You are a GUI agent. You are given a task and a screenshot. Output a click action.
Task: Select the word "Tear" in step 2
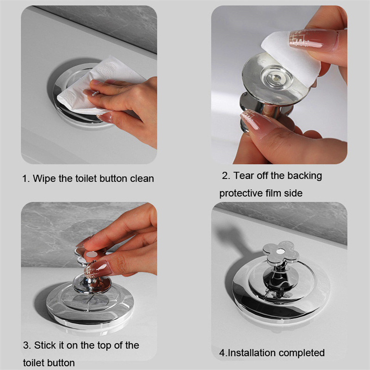click(244, 176)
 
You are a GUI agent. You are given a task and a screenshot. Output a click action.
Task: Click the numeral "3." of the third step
click(27, 345)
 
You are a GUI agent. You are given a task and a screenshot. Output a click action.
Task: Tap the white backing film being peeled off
click(290, 56)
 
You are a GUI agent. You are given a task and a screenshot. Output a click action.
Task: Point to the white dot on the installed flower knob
click(280, 252)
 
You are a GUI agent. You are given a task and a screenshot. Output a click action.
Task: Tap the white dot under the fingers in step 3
click(91, 254)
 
